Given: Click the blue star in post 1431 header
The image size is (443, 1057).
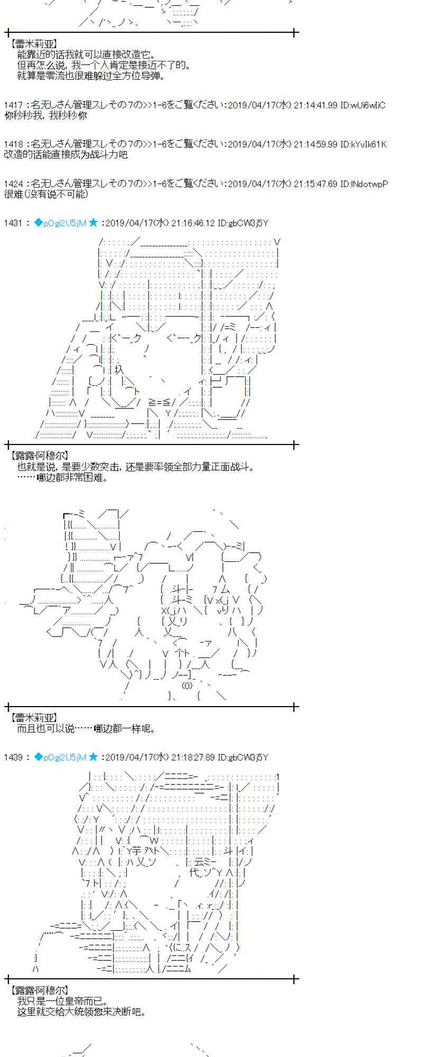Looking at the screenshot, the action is (93, 223).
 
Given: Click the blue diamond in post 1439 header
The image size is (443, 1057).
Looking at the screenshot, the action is (38, 757).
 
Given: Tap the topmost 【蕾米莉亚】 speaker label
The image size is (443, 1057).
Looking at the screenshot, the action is (33, 45).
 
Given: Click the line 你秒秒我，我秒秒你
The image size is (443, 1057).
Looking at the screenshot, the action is (45, 115).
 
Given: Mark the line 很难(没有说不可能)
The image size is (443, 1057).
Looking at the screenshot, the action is (46, 194).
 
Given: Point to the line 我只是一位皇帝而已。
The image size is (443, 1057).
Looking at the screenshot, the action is (62, 1001).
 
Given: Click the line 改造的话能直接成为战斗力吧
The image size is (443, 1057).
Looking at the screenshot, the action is (66, 154).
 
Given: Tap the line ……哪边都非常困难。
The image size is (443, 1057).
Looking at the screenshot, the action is (62, 477).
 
